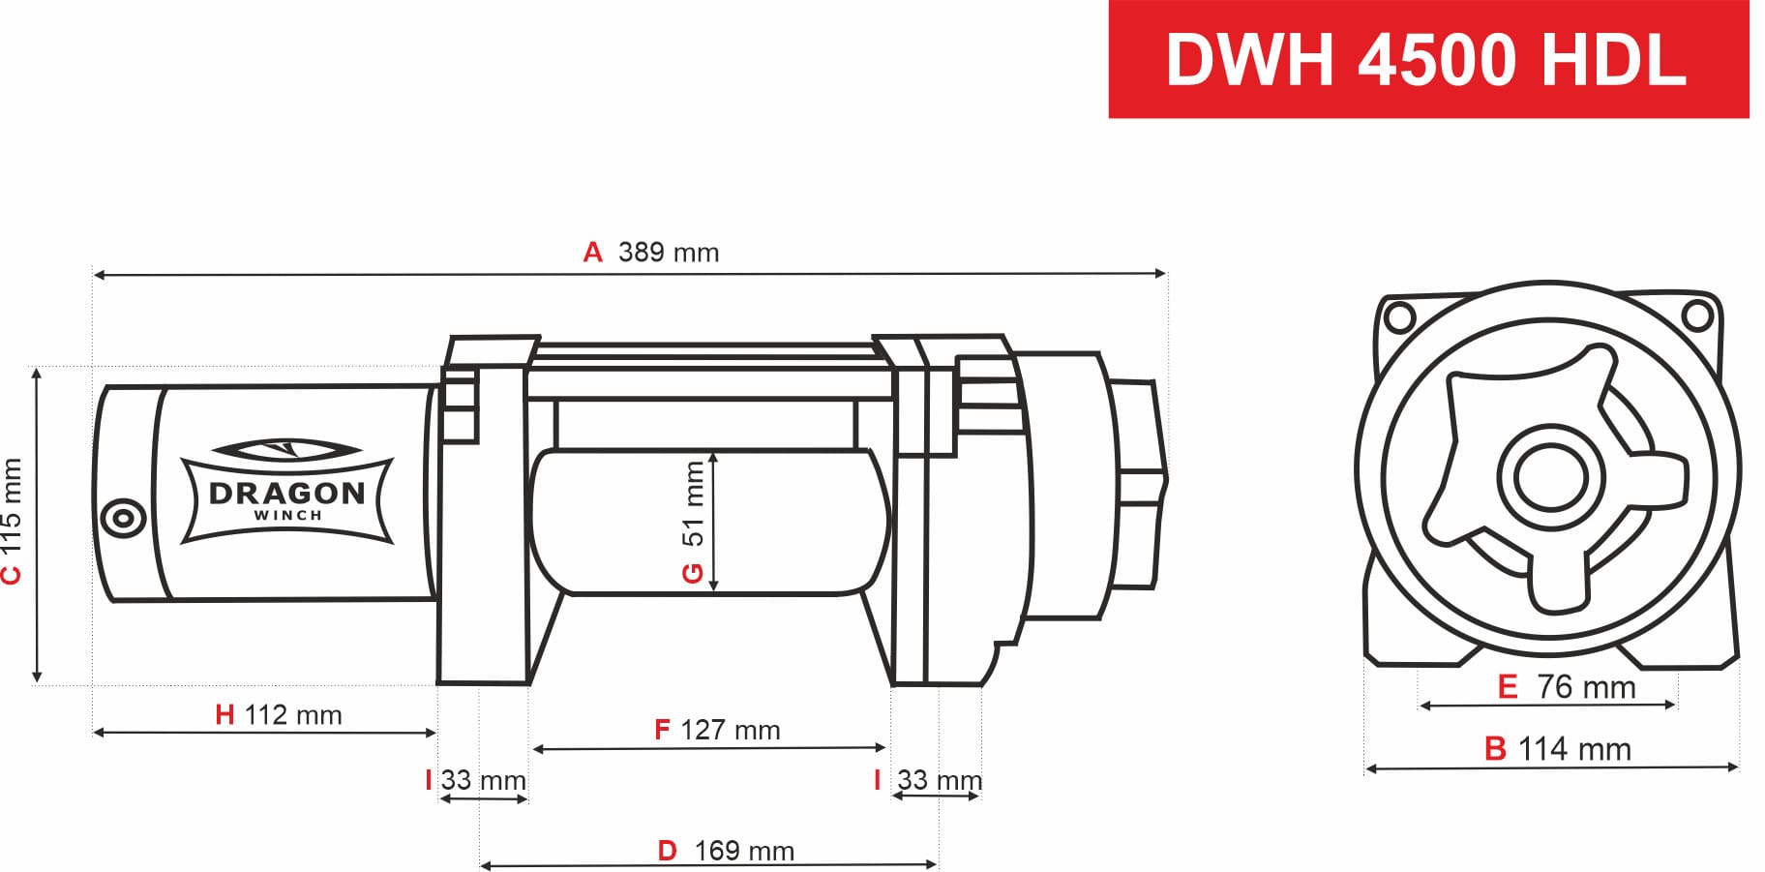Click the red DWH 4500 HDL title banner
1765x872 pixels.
(x=1427, y=60)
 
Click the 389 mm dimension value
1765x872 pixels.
(x=669, y=253)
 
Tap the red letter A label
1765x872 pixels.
(x=593, y=253)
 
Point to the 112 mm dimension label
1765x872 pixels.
(x=293, y=715)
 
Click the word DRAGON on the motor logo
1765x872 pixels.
(x=287, y=493)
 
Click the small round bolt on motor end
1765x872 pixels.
(x=123, y=518)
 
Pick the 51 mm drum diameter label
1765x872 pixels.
(x=694, y=504)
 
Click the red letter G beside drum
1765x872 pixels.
(x=693, y=573)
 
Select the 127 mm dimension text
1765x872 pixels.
(x=730, y=730)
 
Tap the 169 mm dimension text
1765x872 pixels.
(x=744, y=851)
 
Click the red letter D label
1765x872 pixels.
(x=667, y=851)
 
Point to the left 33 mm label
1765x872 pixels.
(x=483, y=780)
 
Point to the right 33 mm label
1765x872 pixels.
(x=939, y=780)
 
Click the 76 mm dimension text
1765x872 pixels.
(x=1586, y=687)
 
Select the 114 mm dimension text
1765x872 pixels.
(x=1574, y=749)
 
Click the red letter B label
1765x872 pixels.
(x=1495, y=749)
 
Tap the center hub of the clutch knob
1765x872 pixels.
(x=1551, y=478)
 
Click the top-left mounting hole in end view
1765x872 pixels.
(x=1399, y=316)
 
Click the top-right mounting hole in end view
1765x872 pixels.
(x=1697, y=316)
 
